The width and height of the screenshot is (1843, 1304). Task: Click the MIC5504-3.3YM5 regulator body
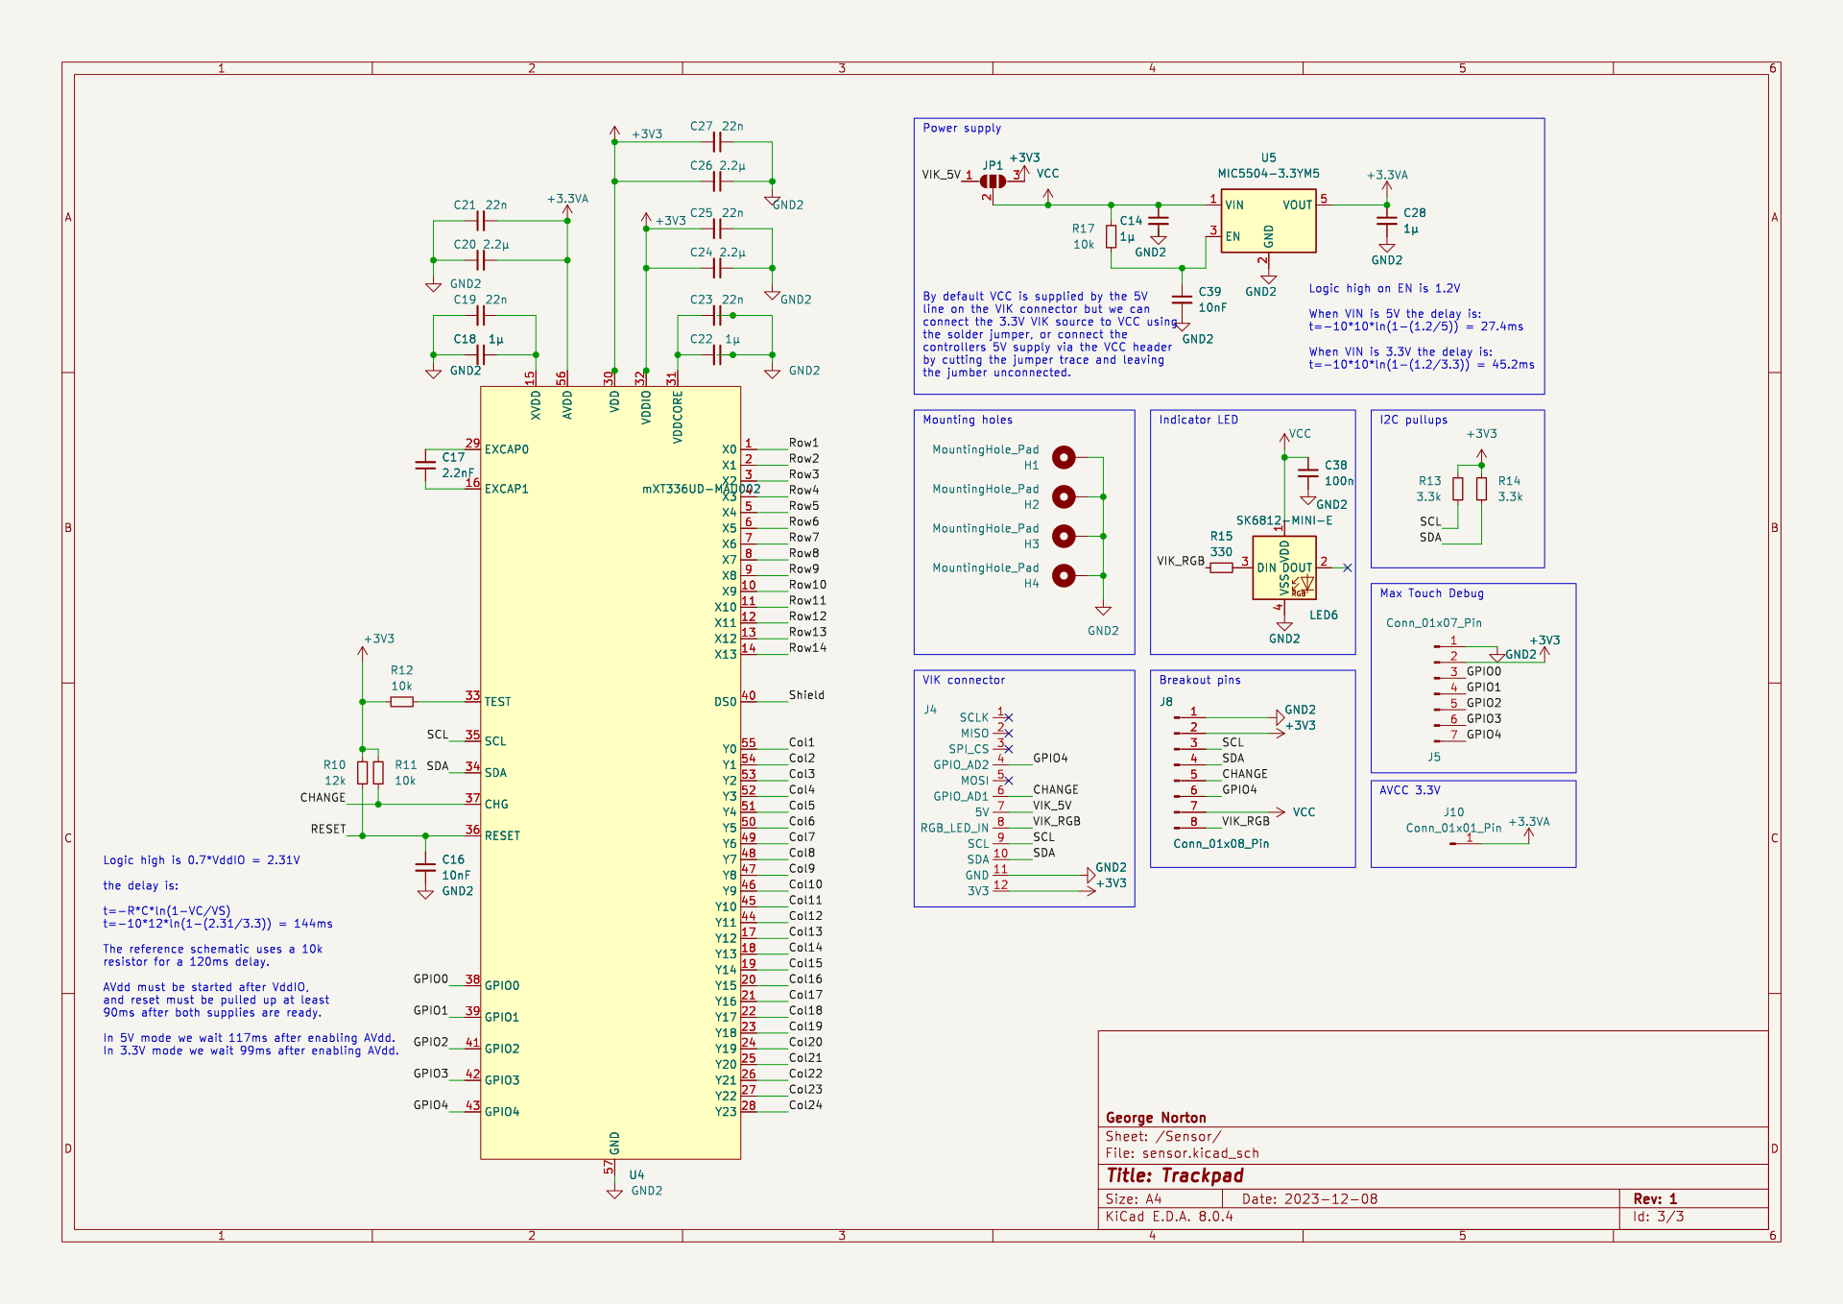1267,221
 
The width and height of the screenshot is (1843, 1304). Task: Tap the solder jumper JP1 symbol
993,181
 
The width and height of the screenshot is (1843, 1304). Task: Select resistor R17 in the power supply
1111,236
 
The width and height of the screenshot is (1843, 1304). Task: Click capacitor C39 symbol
1183,300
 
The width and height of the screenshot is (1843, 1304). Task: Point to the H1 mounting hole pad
1064,457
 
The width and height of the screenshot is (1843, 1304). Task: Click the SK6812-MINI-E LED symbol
1283,567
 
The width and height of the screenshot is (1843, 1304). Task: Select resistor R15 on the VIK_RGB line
1221,567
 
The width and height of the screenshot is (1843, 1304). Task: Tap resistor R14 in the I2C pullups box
1481,489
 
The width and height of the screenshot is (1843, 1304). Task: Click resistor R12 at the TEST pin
402,702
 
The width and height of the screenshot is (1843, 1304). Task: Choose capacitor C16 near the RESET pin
425,867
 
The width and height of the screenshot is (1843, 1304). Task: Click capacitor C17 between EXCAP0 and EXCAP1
425,466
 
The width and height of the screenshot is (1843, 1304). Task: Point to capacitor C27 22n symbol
716,142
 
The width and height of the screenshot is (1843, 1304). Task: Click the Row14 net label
807,648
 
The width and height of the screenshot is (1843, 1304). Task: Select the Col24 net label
805,1105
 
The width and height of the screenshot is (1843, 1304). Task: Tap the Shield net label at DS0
806,695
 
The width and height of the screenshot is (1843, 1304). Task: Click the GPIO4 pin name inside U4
502,1112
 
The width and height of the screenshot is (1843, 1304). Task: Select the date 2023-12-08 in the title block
1332,1199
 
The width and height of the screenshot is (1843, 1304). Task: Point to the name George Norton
1156,1118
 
